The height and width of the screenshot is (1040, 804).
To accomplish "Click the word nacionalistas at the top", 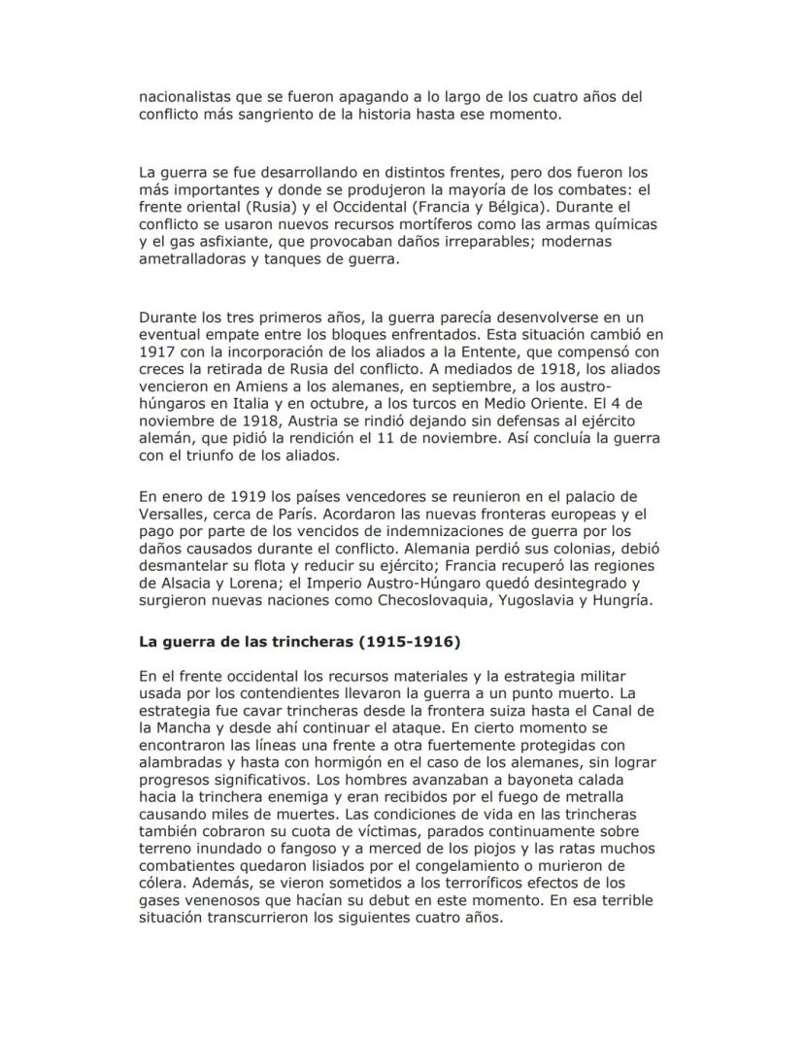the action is pos(183,96).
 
